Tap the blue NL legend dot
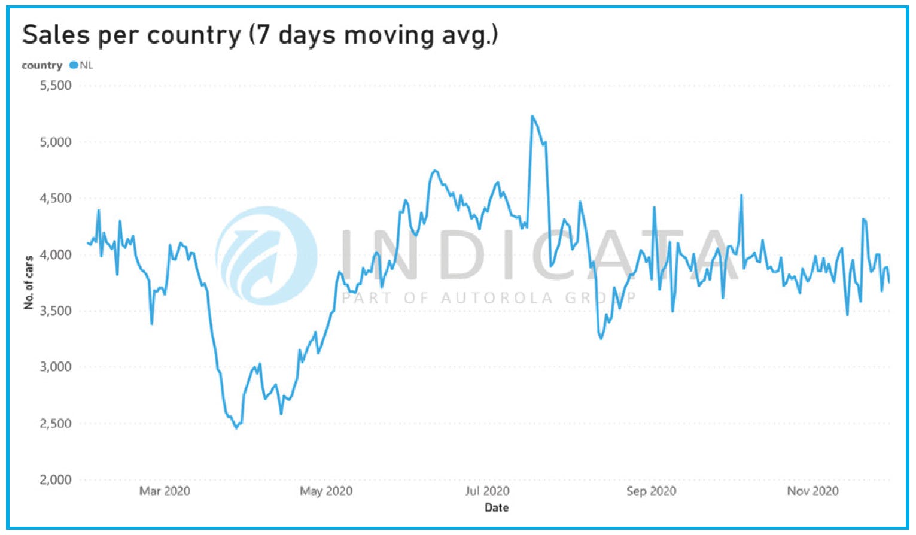(x=74, y=65)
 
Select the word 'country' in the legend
(x=42, y=65)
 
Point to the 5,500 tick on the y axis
(x=56, y=86)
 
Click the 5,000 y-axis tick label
(x=56, y=142)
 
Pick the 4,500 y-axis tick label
(x=56, y=199)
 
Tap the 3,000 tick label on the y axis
(x=56, y=367)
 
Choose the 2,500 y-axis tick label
(x=56, y=424)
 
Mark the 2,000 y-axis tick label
(x=56, y=480)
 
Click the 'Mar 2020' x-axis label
(x=165, y=491)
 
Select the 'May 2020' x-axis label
(x=326, y=491)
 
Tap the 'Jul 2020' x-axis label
(x=487, y=491)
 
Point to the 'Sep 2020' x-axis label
(x=651, y=491)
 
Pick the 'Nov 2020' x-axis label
(x=812, y=491)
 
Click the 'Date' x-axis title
(x=497, y=508)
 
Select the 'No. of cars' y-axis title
(x=29, y=282)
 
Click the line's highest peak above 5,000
(x=532, y=117)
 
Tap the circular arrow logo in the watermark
(x=266, y=256)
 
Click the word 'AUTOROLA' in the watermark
(x=497, y=298)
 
